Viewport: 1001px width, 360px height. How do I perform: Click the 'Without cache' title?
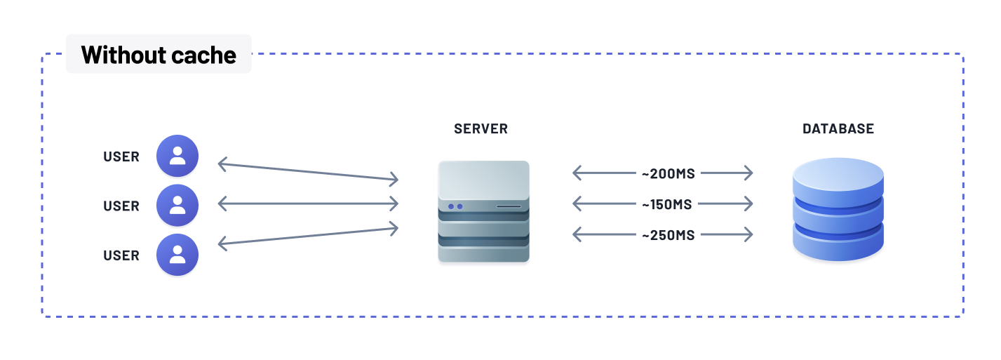[159, 55]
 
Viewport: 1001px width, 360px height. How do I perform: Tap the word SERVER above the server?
[481, 129]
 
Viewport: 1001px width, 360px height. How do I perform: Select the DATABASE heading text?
[838, 129]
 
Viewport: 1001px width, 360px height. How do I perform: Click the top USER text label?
[121, 156]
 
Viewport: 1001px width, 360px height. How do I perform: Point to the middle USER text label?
[121, 206]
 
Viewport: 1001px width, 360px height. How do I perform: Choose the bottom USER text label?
[121, 256]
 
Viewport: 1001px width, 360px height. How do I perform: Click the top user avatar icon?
[177, 156]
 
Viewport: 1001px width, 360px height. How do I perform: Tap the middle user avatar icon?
[177, 205]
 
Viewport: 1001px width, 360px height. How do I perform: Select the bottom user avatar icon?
[177, 255]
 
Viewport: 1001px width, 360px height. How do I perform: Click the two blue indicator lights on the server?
[455, 206]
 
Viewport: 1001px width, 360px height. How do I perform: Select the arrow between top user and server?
[308, 173]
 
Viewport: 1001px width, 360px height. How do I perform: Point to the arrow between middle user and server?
[308, 204]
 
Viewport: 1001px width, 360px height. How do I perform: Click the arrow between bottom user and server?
[308, 235]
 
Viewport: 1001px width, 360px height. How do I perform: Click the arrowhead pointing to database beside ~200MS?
[748, 173]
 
